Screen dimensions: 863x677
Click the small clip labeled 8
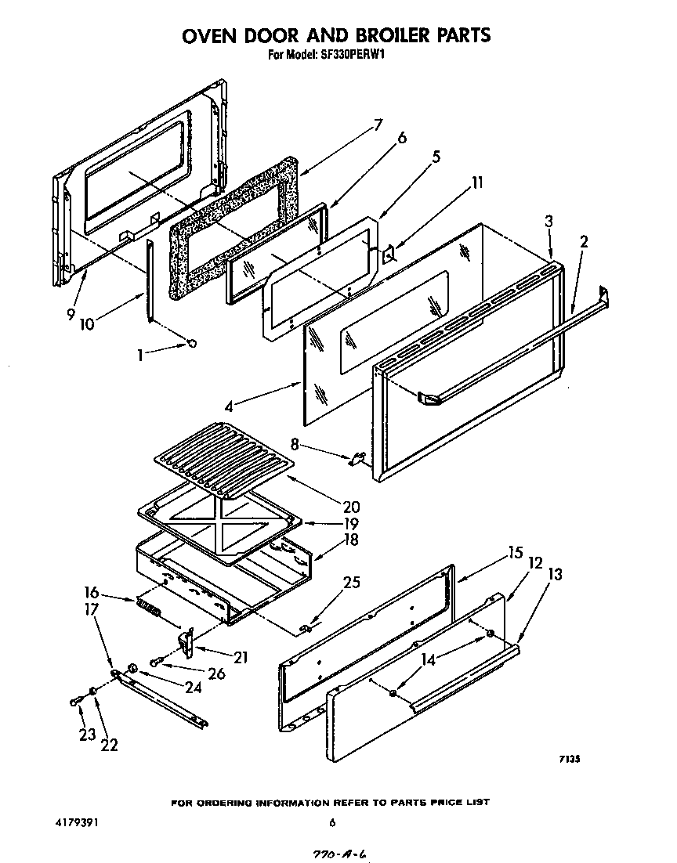tap(357, 458)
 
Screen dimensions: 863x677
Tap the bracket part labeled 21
tap(187, 642)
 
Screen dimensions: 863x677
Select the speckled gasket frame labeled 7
tap(235, 227)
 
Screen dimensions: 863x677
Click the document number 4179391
tap(77, 822)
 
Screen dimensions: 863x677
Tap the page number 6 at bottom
tap(332, 822)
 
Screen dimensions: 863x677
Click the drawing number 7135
tap(569, 758)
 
